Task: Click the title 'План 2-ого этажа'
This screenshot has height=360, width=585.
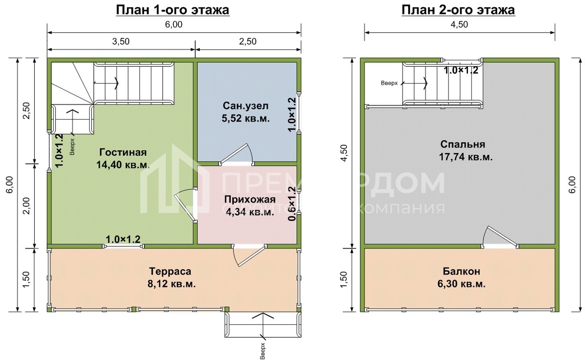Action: [458, 10]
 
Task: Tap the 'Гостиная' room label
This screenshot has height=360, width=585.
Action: [122, 153]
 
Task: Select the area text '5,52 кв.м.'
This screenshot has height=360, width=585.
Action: [246, 119]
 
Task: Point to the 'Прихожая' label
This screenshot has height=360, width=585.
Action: [250, 199]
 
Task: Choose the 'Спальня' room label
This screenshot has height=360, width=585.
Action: [463, 144]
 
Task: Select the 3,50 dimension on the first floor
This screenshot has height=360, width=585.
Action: [121, 41]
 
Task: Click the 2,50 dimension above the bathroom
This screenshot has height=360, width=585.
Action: [247, 41]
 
